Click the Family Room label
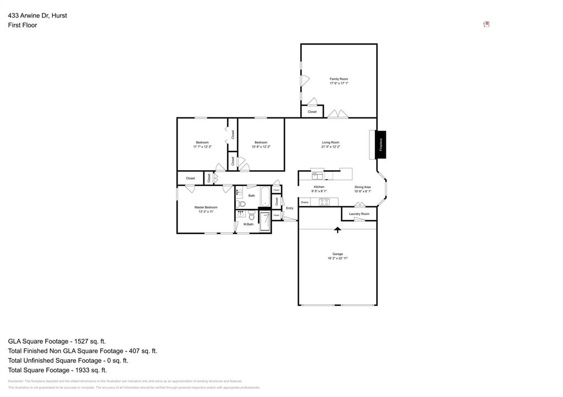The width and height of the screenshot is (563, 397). pyautogui.click(x=339, y=79)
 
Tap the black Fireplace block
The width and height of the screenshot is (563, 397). pyautogui.click(x=380, y=144)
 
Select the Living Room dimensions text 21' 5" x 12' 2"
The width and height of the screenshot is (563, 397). pyautogui.click(x=330, y=147)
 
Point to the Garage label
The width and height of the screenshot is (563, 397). pyautogui.click(x=338, y=254)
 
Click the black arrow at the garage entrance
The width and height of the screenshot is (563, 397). pyautogui.click(x=338, y=230)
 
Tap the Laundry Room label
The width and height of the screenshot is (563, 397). pyautogui.click(x=359, y=214)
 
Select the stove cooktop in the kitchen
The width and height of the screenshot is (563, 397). pyautogui.click(x=324, y=202)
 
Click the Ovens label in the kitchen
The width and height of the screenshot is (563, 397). pyautogui.click(x=305, y=202)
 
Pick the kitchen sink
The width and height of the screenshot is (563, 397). pyautogui.click(x=318, y=176)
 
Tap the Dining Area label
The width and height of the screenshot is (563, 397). pyautogui.click(x=362, y=187)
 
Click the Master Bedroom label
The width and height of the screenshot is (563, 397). pyautogui.click(x=206, y=207)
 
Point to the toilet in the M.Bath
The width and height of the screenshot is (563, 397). pyautogui.click(x=251, y=216)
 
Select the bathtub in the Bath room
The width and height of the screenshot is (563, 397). pyautogui.click(x=265, y=197)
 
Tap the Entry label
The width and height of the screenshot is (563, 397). pyautogui.click(x=290, y=208)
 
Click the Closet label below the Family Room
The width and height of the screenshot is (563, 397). pyautogui.click(x=312, y=111)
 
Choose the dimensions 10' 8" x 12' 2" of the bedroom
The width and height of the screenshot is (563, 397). pyautogui.click(x=261, y=147)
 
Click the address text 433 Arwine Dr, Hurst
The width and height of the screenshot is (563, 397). pyautogui.click(x=37, y=15)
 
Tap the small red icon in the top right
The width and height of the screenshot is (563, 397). pyautogui.click(x=486, y=24)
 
